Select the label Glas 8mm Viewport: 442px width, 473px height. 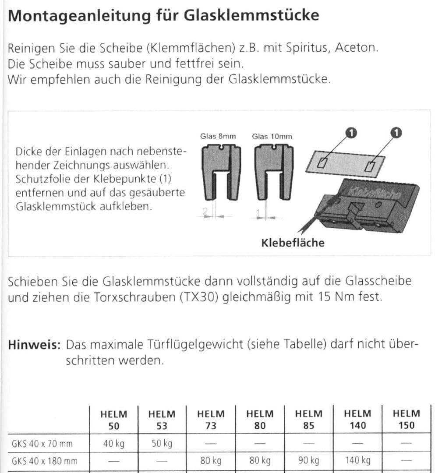[x=218, y=136]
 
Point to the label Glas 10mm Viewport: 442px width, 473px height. [x=272, y=136]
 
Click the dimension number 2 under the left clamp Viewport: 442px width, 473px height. [x=205, y=212]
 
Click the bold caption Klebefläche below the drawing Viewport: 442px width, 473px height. [x=293, y=243]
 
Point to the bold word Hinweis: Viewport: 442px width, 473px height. [x=34, y=345]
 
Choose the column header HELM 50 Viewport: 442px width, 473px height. [x=114, y=419]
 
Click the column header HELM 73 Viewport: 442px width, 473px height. [x=211, y=419]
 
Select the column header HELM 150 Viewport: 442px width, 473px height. [x=406, y=419]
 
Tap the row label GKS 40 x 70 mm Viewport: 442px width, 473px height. [x=42, y=444]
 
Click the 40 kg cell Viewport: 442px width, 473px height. [x=114, y=444]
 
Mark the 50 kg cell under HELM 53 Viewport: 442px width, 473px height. [x=162, y=444]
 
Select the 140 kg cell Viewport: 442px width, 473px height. [x=357, y=461]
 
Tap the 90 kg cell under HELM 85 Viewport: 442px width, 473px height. [x=308, y=461]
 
